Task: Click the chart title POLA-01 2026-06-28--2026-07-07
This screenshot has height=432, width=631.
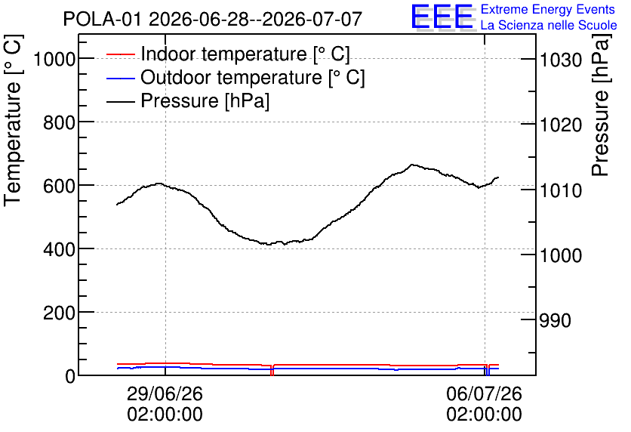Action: tap(213, 19)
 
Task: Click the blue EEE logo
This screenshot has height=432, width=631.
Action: tap(442, 17)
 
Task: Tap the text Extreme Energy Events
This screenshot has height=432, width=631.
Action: tap(548, 9)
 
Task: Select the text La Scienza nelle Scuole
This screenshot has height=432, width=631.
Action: tap(549, 25)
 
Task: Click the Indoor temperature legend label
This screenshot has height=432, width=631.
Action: tap(245, 54)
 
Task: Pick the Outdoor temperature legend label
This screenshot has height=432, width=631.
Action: tap(253, 77)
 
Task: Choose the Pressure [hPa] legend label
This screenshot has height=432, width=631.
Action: tap(205, 100)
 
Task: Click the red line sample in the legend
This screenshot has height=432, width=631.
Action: tap(120, 54)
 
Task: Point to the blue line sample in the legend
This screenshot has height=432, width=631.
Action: tap(120, 78)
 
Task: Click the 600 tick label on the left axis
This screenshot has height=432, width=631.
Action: tap(59, 187)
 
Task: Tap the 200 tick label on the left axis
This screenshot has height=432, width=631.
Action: tap(59, 313)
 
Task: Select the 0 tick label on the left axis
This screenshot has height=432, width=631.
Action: tap(70, 377)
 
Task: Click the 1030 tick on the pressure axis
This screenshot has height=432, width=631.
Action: tap(561, 60)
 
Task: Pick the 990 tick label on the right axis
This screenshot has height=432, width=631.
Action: tap(555, 320)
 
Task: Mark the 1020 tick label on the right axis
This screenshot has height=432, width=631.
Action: tap(561, 125)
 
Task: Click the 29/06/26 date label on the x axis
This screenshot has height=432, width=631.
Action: tap(165, 393)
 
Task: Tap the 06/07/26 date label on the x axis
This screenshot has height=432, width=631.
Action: tap(484, 393)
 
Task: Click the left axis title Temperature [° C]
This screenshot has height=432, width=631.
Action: tap(13, 120)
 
